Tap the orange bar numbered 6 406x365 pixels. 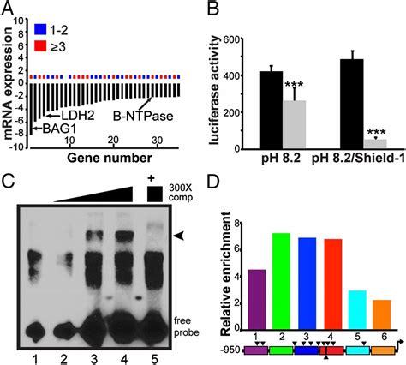click(x=380, y=319)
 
